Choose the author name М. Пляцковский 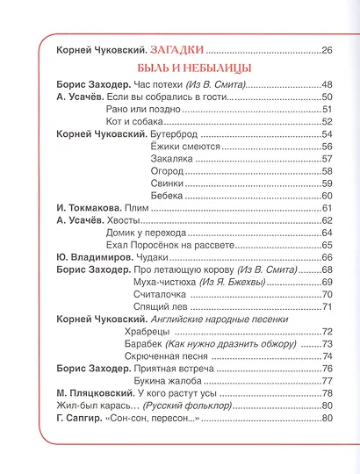(97, 395)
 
